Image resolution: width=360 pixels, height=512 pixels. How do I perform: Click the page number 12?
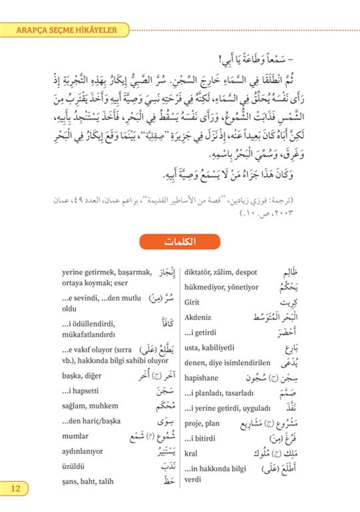point(15,488)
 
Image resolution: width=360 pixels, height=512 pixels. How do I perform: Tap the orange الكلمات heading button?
point(180,242)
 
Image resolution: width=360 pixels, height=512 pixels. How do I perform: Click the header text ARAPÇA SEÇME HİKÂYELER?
point(67,30)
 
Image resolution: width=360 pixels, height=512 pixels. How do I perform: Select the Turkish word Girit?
point(192,302)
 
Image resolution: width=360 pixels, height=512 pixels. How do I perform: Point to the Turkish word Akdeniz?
point(198,317)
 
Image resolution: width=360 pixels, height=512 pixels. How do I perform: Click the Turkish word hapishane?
point(201,378)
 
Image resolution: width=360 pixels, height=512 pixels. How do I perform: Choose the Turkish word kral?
point(191,453)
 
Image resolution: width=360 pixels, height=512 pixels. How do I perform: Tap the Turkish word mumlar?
point(75,436)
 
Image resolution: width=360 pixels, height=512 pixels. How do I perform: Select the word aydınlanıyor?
point(82,451)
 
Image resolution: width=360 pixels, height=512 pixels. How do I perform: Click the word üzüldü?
point(73,466)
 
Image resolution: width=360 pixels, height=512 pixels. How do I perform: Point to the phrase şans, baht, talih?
point(88,481)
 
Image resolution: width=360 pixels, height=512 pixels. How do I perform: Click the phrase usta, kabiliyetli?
point(209,348)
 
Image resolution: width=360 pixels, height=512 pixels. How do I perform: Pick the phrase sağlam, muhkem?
point(90,406)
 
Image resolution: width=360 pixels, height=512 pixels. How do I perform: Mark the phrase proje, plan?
point(202,423)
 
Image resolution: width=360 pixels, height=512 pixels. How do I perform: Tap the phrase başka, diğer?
point(82,376)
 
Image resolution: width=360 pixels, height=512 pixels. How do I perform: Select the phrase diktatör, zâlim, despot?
point(220,272)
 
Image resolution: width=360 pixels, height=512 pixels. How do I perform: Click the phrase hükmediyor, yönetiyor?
point(221,287)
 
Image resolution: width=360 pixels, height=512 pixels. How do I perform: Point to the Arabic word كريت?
point(289,303)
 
